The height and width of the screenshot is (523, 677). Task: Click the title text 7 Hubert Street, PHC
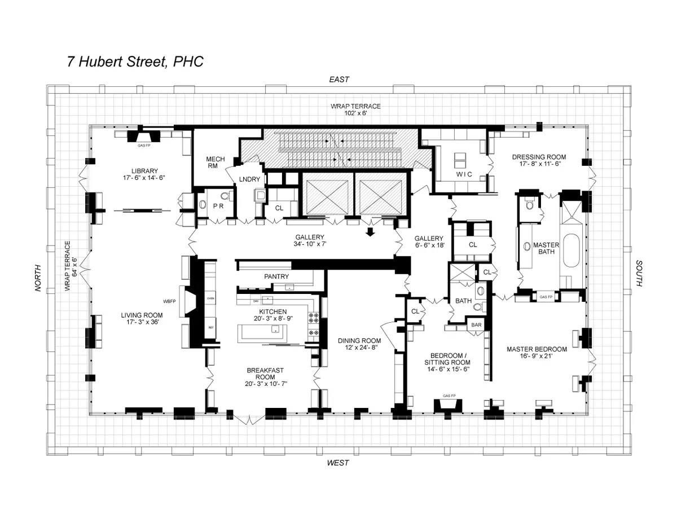135,61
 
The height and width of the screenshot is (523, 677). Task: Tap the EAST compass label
339,80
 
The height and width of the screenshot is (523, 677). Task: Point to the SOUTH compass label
639,274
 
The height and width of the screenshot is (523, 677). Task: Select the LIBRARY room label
144,170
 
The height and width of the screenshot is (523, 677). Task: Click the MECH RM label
216,162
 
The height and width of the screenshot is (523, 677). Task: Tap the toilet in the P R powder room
226,197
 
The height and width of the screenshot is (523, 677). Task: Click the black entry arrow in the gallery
370,232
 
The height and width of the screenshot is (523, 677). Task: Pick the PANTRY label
276,276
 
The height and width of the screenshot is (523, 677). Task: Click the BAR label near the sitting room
477,325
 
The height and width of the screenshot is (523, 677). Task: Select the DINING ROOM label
359,341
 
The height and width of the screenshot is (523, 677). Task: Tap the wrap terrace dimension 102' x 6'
355,113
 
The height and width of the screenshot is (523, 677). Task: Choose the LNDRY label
249,179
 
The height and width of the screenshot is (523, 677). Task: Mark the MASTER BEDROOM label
537,349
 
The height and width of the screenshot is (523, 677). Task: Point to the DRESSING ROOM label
539,157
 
